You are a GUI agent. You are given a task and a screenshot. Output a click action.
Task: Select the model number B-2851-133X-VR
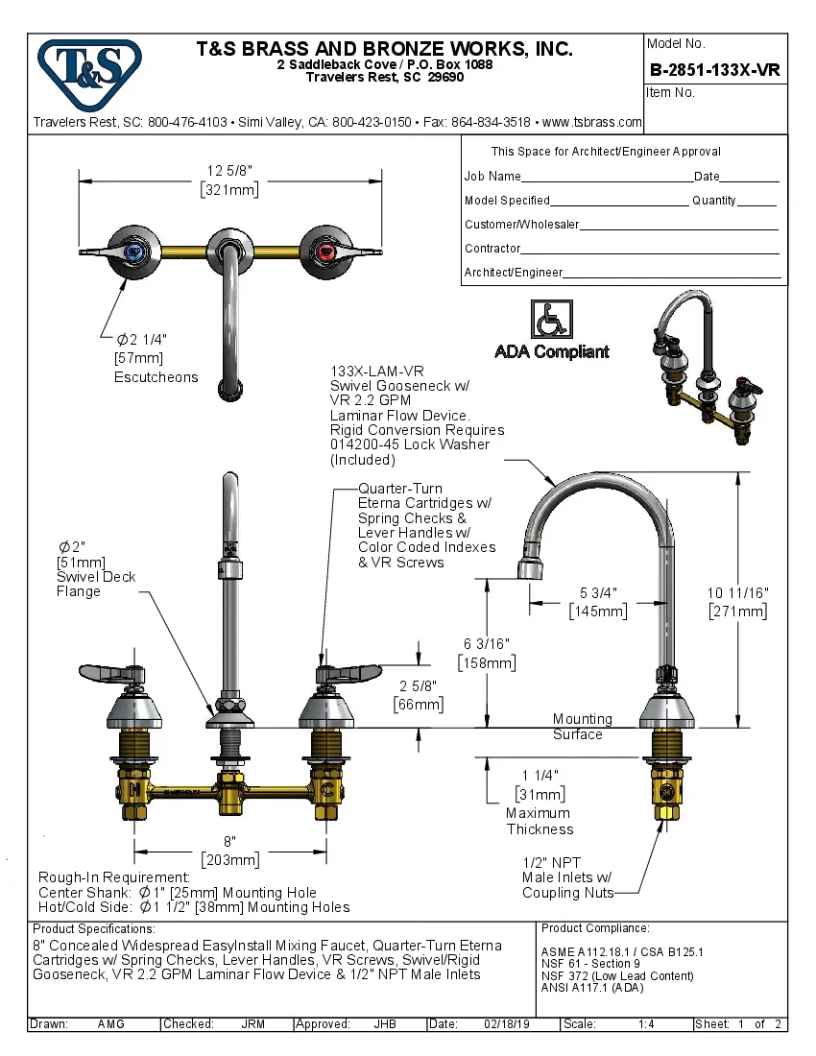click(x=715, y=69)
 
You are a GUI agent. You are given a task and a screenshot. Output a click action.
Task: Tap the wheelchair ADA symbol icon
click(x=551, y=321)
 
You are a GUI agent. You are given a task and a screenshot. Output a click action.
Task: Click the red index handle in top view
click(x=326, y=252)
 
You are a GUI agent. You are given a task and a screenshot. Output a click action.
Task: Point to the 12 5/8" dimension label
click(x=229, y=171)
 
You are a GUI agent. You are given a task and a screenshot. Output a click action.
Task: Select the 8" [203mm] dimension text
click(x=229, y=851)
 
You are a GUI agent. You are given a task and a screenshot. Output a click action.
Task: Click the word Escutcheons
click(x=156, y=377)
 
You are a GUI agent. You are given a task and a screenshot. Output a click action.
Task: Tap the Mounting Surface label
click(x=579, y=727)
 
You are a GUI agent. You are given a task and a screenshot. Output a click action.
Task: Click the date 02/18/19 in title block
click(x=506, y=1024)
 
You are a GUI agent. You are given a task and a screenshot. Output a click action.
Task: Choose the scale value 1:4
click(x=646, y=1024)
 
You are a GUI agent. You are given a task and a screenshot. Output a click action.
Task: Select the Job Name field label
click(x=492, y=177)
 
